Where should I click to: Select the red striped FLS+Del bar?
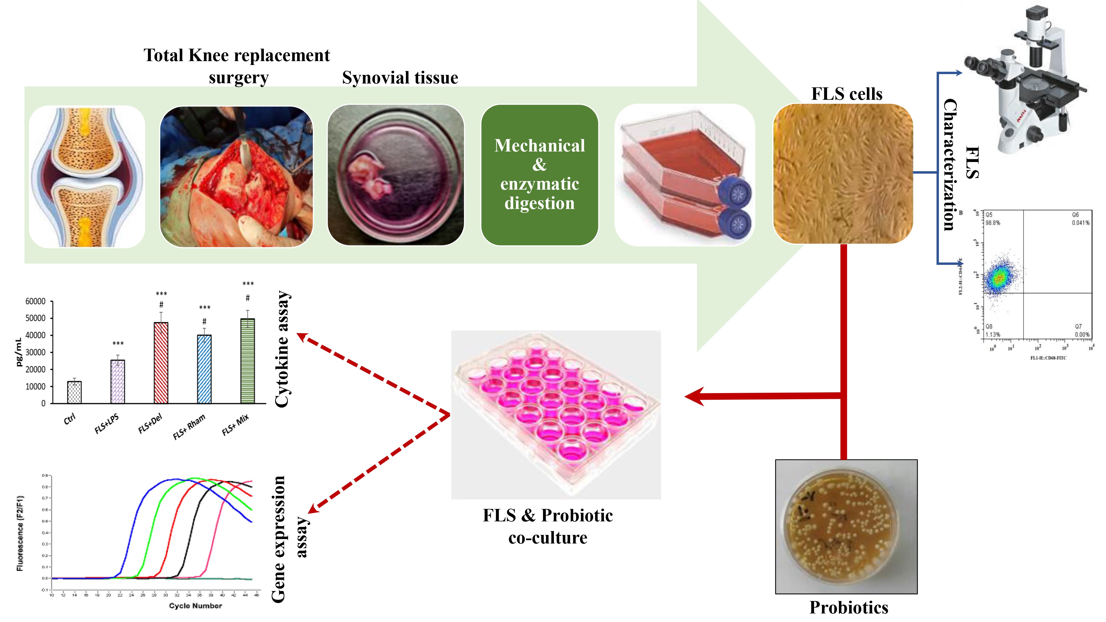(161, 363)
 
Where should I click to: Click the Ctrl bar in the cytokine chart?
(74, 392)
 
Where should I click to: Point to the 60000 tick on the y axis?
(35, 301)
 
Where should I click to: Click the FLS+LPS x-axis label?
(106, 424)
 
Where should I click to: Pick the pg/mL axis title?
(19, 352)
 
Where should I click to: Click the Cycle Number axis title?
(195, 606)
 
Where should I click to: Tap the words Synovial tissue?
(400, 78)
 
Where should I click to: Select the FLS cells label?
(846, 94)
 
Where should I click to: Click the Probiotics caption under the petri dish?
(848, 607)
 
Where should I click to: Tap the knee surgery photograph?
(236, 176)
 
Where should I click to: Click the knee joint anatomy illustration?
(87, 176)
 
